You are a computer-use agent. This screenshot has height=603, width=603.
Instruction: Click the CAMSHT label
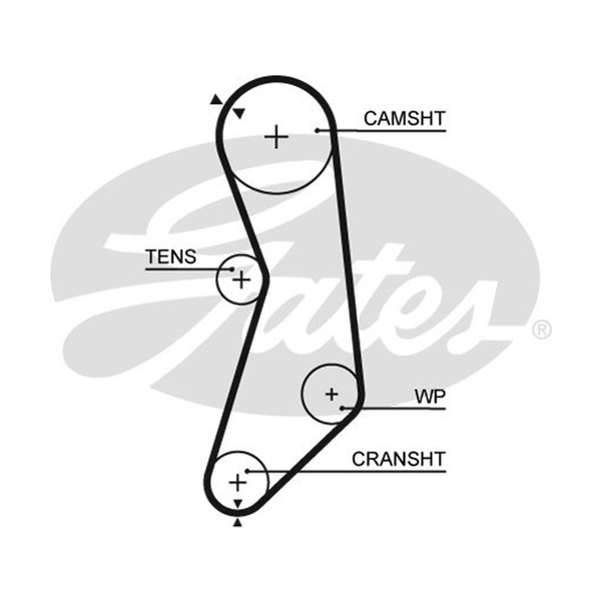pos(405,118)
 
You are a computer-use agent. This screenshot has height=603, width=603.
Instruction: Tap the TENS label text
pos(171,256)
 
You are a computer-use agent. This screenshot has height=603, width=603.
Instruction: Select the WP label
pos(430,396)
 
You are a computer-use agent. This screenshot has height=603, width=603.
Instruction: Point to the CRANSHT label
pos(399,459)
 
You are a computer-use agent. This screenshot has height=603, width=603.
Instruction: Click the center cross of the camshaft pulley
pos(277,137)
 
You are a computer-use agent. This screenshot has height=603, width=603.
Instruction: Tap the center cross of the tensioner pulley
pos(241,280)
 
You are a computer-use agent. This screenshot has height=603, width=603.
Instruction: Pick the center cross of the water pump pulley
pos(332,394)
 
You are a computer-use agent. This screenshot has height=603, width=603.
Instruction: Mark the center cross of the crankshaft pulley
pos(237,482)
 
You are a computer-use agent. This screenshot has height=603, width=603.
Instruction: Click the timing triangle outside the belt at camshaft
pos(216,100)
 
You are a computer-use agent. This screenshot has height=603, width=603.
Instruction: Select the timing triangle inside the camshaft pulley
pos(239,114)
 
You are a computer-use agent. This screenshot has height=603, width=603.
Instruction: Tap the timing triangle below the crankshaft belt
pos(237,522)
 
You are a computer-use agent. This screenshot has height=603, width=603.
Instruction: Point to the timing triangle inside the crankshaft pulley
pos(238,504)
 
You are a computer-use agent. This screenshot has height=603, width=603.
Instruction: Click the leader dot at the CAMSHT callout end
pos(317,130)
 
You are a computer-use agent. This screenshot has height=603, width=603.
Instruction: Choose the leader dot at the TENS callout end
pos(231,269)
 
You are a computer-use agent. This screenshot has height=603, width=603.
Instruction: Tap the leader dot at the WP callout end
pos(342,408)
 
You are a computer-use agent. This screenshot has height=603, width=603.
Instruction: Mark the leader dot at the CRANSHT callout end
pos(248,471)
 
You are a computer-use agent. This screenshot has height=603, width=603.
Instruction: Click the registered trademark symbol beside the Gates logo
pos(541,329)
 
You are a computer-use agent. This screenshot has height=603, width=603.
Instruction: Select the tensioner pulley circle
pos(217,280)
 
